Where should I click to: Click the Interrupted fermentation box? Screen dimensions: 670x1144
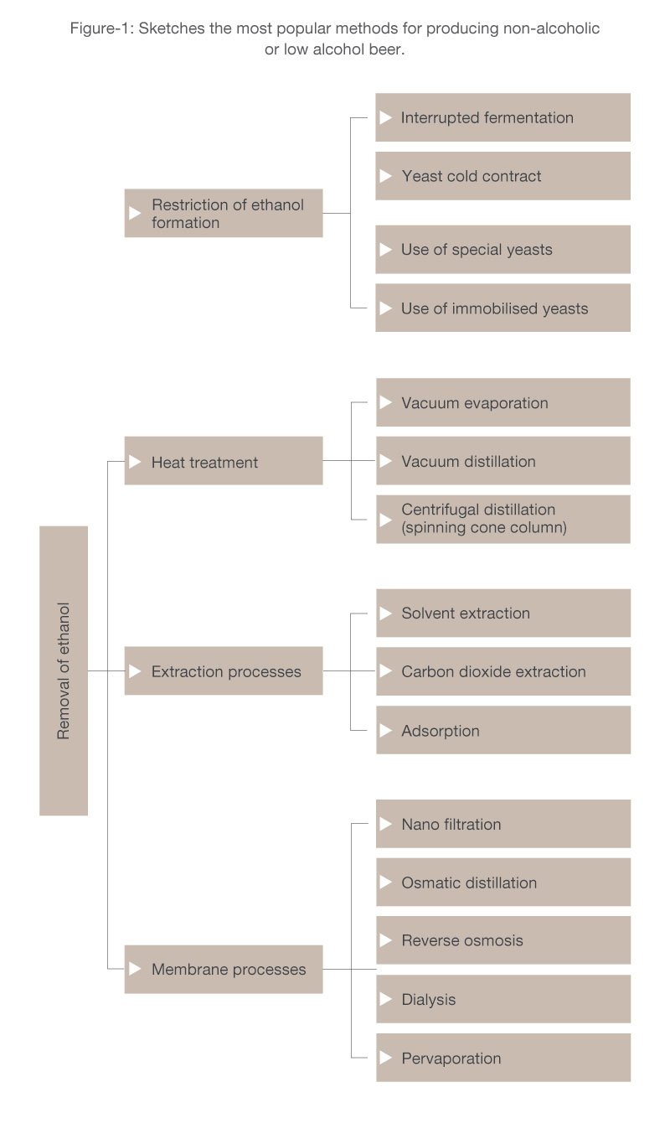click(x=502, y=117)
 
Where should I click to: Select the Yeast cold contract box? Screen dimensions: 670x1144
click(x=502, y=176)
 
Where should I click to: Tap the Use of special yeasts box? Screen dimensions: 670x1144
click(x=502, y=249)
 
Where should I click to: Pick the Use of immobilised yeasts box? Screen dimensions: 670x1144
click(x=502, y=308)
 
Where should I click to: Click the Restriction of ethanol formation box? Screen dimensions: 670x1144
click(x=224, y=213)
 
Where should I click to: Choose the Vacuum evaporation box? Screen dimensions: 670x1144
click(x=503, y=402)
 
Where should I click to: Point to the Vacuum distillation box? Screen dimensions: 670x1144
click(x=503, y=461)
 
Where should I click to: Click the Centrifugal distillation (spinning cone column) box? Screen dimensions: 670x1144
click(x=503, y=519)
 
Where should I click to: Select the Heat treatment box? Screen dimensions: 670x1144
click(x=224, y=461)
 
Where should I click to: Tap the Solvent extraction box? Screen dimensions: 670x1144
click(x=503, y=613)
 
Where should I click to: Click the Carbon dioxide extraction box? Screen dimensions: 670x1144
click(x=503, y=671)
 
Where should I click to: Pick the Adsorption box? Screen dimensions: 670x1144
click(x=503, y=730)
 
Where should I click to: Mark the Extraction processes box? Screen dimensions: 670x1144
click(x=224, y=670)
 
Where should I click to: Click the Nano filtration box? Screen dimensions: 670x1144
click(x=503, y=824)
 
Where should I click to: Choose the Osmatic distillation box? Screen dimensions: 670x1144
click(x=503, y=882)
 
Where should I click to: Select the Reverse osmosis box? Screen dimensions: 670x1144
click(x=503, y=940)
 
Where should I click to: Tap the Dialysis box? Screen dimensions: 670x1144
click(x=503, y=999)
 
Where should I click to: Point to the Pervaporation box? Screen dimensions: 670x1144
click(x=503, y=1058)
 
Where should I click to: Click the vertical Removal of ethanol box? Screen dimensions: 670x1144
click(x=64, y=670)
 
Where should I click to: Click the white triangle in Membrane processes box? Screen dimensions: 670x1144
click(x=135, y=969)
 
